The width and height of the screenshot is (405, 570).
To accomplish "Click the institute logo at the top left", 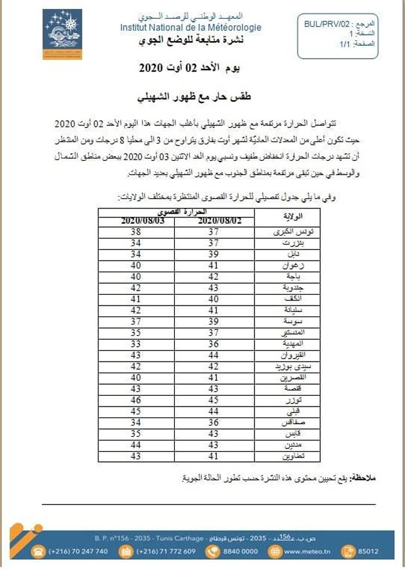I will tap(62, 33).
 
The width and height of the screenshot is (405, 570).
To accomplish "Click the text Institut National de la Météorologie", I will tap(191, 28).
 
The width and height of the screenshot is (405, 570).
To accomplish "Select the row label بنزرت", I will tap(293, 244).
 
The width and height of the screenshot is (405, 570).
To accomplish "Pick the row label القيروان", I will tap(293, 354).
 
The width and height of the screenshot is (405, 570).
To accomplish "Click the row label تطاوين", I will tap(293, 457).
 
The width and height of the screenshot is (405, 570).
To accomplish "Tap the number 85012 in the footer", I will tap(385, 551).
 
